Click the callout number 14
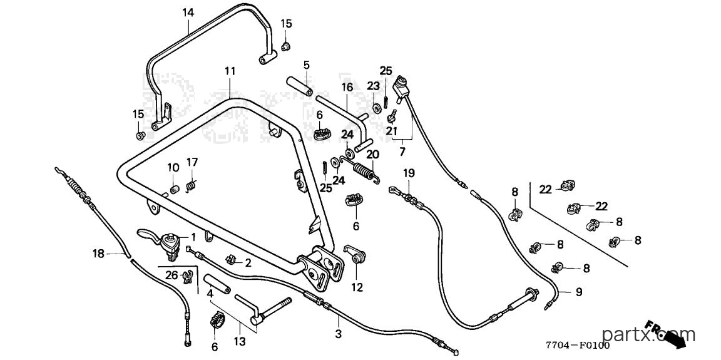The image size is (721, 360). (188, 13)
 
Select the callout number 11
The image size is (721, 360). (230, 71)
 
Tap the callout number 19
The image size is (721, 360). (409, 173)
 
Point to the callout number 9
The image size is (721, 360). (579, 292)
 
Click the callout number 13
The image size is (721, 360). (240, 342)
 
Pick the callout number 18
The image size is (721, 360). (98, 253)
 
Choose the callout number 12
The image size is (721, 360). (357, 288)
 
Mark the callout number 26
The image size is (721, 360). (171, 276)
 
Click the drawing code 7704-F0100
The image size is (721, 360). (578, 346)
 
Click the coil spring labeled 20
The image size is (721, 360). (367, 170)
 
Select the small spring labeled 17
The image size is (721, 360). (192, 185)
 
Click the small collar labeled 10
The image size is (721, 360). (174, 190)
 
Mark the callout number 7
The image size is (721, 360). (402, 152)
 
